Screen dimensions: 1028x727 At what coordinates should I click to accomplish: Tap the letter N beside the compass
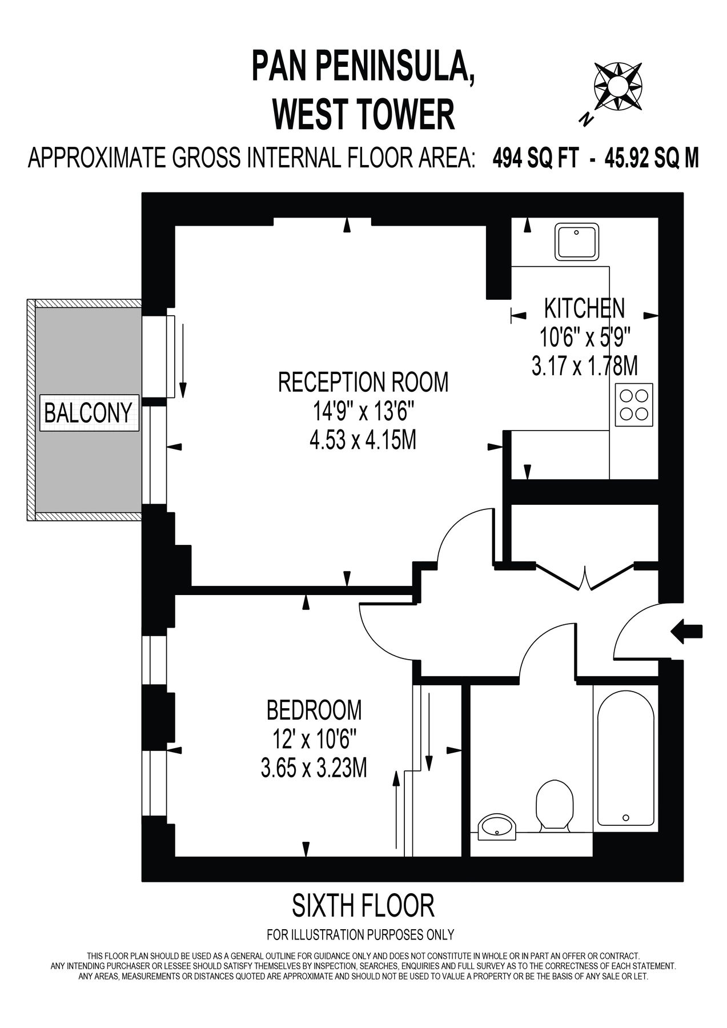tap(585, 119)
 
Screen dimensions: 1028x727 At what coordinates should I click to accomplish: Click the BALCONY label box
tap(88, 412)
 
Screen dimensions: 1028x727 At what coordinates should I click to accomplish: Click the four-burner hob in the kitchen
tap(634, 404)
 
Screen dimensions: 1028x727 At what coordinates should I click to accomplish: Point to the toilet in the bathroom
tap(555, 805)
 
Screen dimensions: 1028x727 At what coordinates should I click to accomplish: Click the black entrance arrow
tap(687, 631)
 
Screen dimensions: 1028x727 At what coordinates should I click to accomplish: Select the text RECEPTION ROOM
tap(363, 382)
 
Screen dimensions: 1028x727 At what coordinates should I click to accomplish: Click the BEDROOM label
tap(314, 710)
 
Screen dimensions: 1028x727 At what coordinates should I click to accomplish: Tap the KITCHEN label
tap(584, 308)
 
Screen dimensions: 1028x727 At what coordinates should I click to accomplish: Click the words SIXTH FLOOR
tap(363, 905)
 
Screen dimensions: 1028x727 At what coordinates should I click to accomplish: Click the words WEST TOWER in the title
tap(363, 114)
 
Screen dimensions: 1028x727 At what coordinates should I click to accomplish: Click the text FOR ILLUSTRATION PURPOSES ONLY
tap(360, 935)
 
